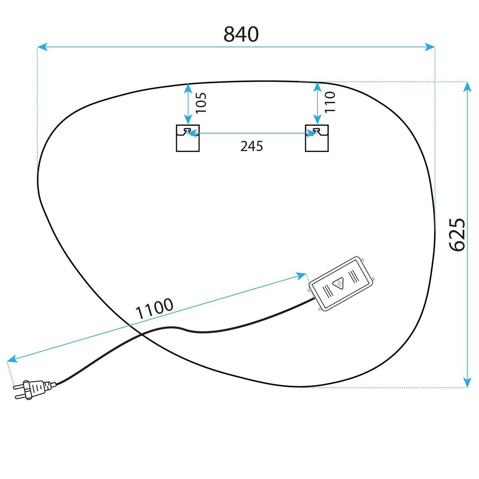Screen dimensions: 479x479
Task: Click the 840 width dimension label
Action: (x=241, y=34)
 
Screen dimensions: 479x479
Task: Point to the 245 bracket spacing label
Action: (x=251, y=146)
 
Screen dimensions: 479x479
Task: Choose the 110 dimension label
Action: (x=330, y=102)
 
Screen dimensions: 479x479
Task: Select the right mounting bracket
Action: (x=317, y=138)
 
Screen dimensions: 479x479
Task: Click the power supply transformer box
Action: (x=341, y=284)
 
